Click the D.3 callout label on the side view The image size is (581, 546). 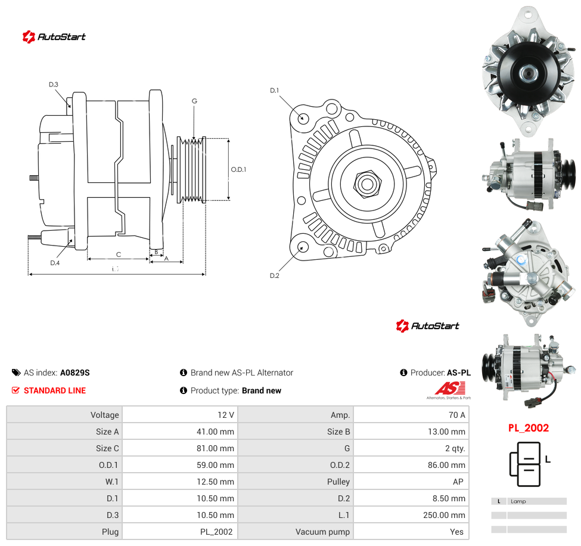click(54, 85)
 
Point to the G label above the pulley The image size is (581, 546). click(194, 101)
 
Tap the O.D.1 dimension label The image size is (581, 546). click(238, 169)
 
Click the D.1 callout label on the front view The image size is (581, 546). click(274, 91)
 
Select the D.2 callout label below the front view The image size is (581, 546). click(275, 275)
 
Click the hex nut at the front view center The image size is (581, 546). click(367, 184)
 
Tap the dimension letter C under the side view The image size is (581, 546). click(119, 255)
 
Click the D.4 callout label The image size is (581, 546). click(55, 263)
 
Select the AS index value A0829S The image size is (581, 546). click(75, 373)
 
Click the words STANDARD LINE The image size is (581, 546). click(55, 390)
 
